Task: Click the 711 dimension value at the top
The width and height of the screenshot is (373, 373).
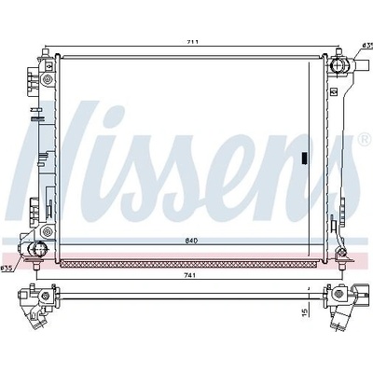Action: [193, 42]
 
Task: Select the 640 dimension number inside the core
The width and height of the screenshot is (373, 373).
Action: [192, 241]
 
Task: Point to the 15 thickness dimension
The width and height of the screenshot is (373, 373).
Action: [305, 312]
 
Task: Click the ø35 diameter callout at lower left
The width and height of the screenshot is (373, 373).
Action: [7, 268]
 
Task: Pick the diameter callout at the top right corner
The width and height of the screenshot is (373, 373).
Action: [367, 46]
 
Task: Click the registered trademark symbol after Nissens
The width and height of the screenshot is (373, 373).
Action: [365, 139]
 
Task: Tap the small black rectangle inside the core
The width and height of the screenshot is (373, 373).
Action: [305, 158]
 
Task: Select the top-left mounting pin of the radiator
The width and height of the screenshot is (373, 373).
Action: [46, 51]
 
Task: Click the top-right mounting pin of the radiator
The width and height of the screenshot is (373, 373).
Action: [338, 51]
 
